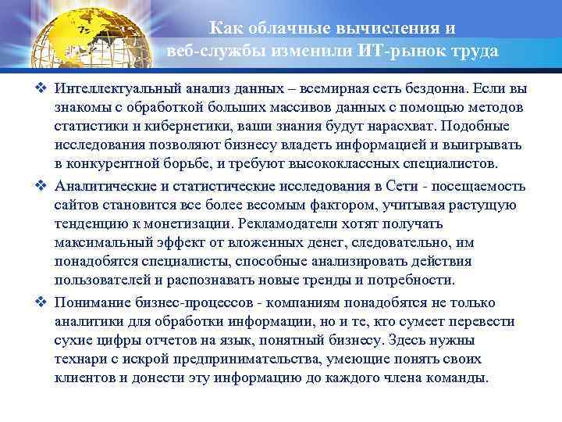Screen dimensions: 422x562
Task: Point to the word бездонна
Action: point(445,88)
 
